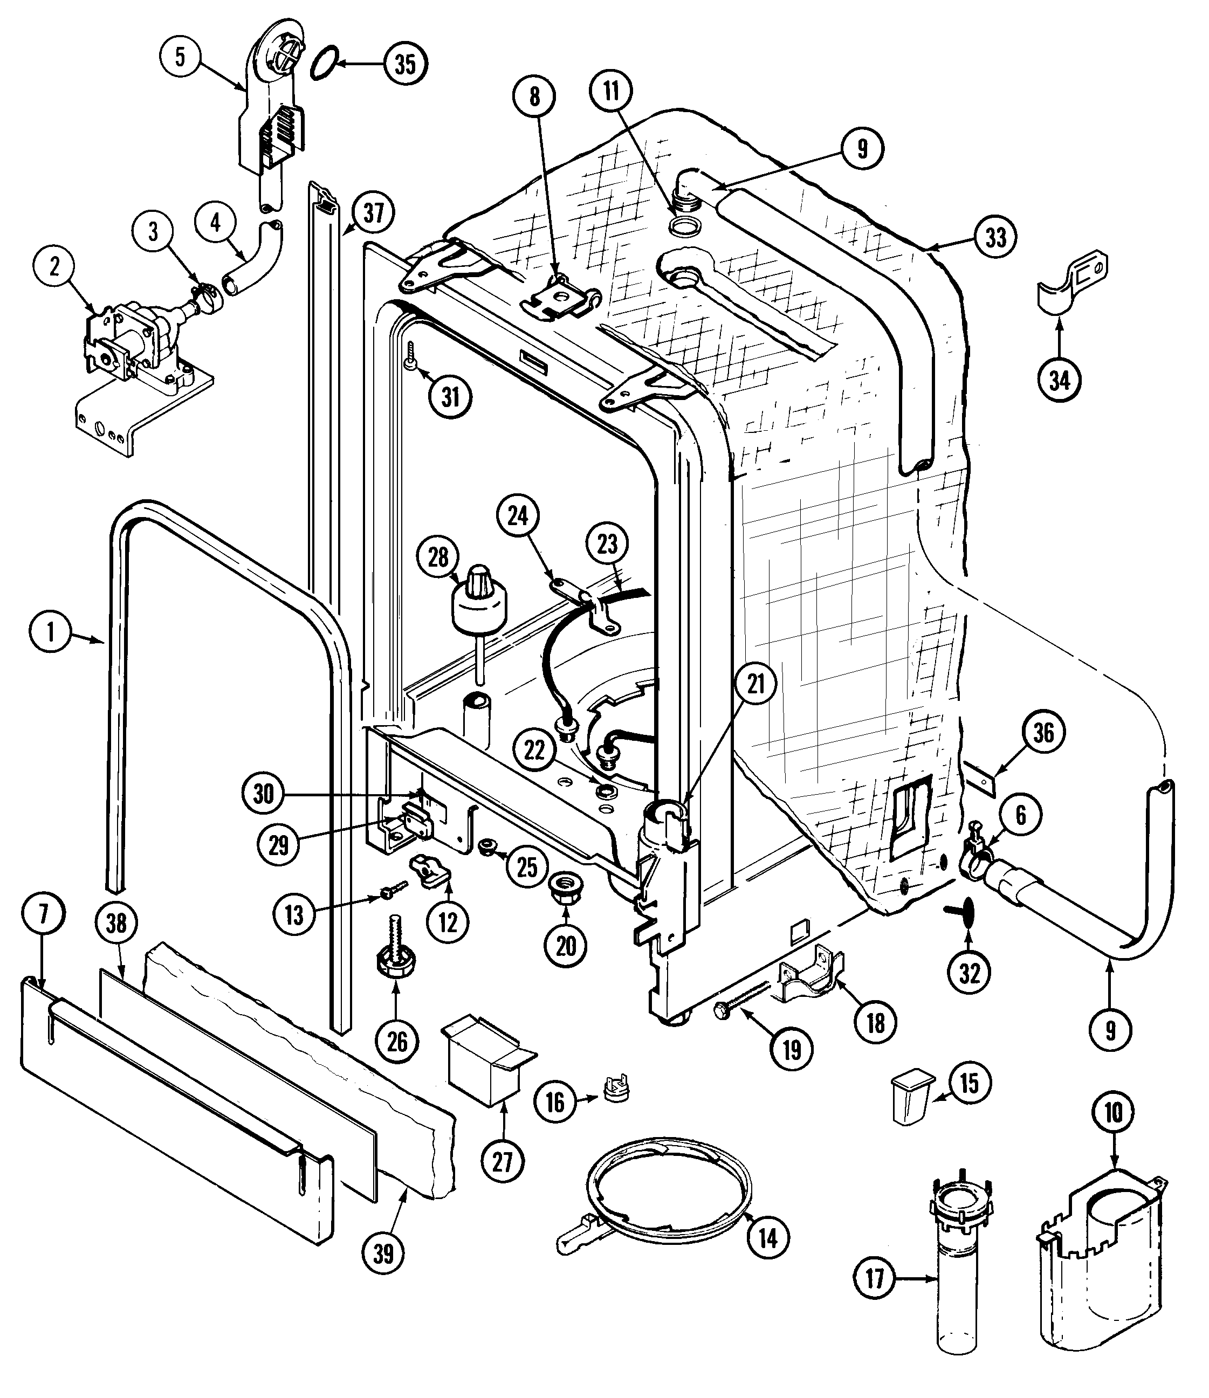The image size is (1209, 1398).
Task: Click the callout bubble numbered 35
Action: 405,64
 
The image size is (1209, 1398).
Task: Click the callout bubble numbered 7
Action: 43,914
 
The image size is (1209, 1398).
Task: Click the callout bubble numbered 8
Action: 534,97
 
